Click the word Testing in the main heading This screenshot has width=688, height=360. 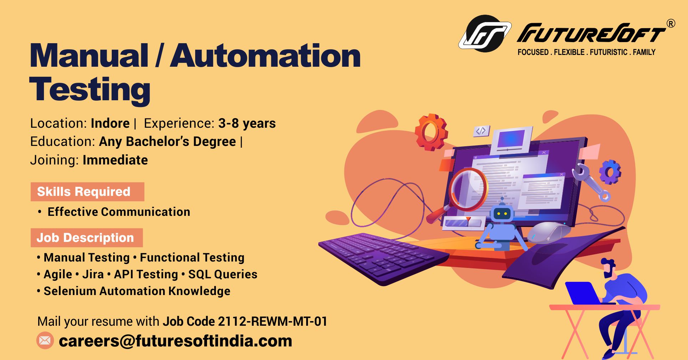(x=90, y=90)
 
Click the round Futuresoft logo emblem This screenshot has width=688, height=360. (x=485, y=33)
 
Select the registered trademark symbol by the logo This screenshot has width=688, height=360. (x=671, y=24)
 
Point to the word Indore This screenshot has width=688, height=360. (x=110, y=123)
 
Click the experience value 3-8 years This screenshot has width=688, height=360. (x=247, y=123)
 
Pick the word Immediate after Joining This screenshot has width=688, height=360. (x=115, y=160)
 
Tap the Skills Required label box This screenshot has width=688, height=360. (x=87, y=192)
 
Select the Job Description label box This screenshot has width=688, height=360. (x=87, y=238)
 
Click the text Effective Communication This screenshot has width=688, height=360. (x=119, y=212)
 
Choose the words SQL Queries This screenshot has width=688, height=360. (x=223, y=274)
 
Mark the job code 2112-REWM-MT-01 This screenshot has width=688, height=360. (x=273, y=321)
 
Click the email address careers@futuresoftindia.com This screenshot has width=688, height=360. (x=175, y=341)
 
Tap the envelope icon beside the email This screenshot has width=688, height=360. (x=45, y=340)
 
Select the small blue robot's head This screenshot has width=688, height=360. (x=502, y=213)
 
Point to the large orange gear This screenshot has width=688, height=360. (x=431, y=132)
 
